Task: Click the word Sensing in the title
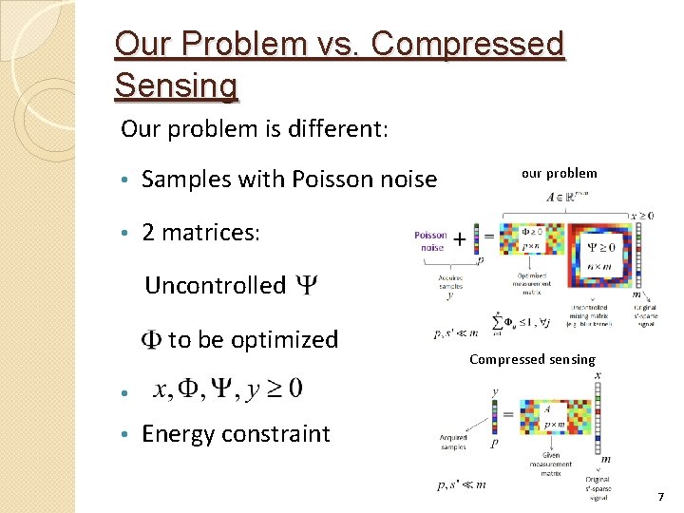pyautogui.click(x=176, y=85)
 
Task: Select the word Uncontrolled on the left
pyautogui.click(x=215, y=285)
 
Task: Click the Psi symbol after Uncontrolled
pyautogui.click(x=307, y=285)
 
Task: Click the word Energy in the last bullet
pyautogui.click(x=178, y=434)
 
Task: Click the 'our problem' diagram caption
pyautogui.click(x=559, y=173)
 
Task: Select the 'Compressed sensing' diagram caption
pyautogui.click(x=532, y=359)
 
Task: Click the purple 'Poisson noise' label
pyautogui.click(x=429, y=241)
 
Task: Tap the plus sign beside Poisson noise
pyautogui.click(x=461, y=239)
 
